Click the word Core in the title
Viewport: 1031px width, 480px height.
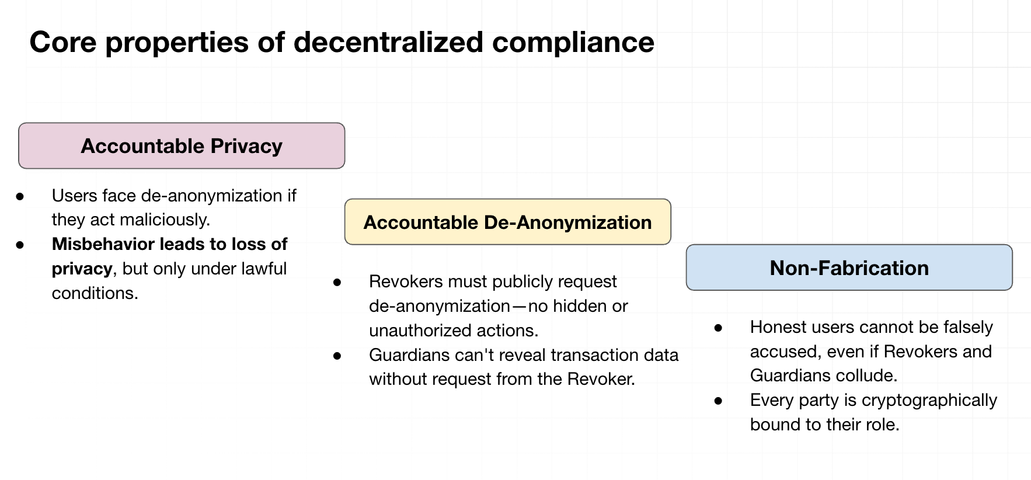[x=63, y=42]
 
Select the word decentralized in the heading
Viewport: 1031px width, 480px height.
[x=388, y=42]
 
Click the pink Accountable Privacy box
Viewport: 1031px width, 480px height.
[x=182, y=146]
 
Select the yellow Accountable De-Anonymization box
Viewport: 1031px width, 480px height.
[x=508, y=222]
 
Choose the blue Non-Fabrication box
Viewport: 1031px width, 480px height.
[x=849, y=267]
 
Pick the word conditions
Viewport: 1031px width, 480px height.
[x=95, y=293]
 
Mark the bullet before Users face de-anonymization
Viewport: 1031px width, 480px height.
[x=20, y=196]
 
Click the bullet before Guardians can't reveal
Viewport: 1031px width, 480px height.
[x=337, y=356]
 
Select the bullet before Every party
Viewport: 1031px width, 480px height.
[x=718, y=401]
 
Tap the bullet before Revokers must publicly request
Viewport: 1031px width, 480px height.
[x=337, y=282]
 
